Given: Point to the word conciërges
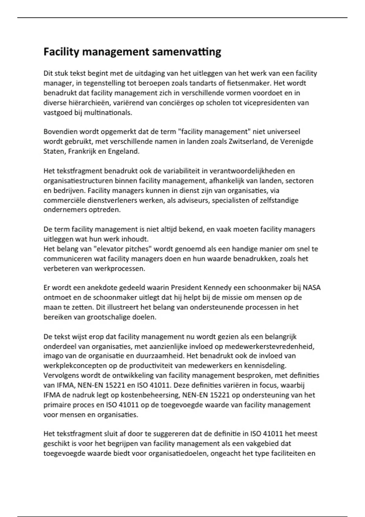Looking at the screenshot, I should [174, 103].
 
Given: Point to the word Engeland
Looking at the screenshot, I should [123, 151].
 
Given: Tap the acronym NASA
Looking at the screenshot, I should [312, 288].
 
